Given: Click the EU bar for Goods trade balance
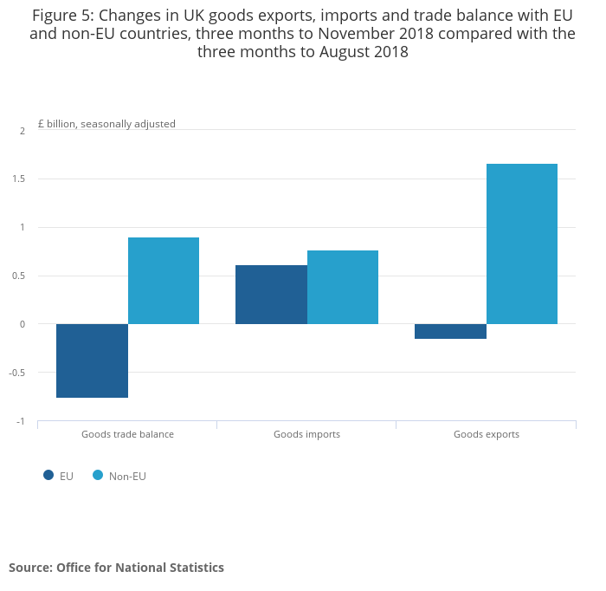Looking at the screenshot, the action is [x=92, y=360].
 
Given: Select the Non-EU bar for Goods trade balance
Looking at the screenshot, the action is [x=164, y=281].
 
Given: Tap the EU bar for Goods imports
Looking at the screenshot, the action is [x=271, y=295].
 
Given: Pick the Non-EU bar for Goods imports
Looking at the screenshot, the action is [x=343, y=288].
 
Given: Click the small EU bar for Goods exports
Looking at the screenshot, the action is [x=451, y=332].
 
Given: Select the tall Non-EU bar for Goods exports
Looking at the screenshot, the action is [x=522, y=244].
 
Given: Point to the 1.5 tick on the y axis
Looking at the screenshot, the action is [x=18, y=179].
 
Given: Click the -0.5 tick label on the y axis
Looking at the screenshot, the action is [x=17, y=373].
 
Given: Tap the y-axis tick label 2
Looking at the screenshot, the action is [x=23, y=131].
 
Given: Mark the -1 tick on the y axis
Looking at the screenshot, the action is [x=21, y=421].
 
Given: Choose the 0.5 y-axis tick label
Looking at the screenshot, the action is [x=18, y=276].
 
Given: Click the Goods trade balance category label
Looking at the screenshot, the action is [x=127, y=434].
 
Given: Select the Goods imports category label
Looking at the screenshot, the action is [x=306, y=434].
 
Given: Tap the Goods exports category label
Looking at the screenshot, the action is [x=487, y=434].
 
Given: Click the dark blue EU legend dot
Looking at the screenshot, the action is [x=48, y=475].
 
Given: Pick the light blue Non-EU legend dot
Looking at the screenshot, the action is [x=98, y=475].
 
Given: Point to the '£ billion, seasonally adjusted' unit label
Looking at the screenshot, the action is [x=106, y=124].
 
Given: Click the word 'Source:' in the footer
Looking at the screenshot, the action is [x=31, y=568].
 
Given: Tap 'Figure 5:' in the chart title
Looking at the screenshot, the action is [x=63, y=16].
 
